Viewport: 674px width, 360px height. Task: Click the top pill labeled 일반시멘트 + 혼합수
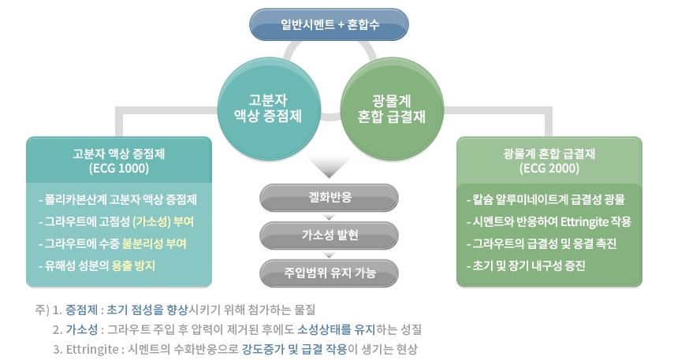[329, 24]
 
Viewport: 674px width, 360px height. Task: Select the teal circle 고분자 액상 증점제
[269, 108]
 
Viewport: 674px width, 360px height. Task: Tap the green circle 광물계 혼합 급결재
[392, 108]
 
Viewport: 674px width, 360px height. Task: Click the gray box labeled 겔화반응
[330, 198]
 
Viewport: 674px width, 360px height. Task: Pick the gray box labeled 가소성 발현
[330, 235]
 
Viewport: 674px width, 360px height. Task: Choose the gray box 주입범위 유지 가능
[330, 273]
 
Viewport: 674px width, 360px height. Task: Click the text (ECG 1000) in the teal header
[119, 168]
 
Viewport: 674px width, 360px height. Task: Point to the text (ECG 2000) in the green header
[549, 168]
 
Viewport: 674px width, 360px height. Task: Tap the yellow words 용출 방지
[133, 265]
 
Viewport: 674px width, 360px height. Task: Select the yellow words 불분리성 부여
[154, 243]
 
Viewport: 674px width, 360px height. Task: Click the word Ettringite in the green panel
[583, 221]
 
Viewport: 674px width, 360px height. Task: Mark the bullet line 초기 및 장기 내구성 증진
[526, 265]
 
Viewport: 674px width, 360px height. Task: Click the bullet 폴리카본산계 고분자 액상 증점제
[117, 200]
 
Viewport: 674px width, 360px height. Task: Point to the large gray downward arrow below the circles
[330, 168]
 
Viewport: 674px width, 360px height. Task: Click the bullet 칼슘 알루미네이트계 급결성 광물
[546, 200]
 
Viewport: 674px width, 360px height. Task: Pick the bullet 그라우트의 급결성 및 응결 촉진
[542, 243]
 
